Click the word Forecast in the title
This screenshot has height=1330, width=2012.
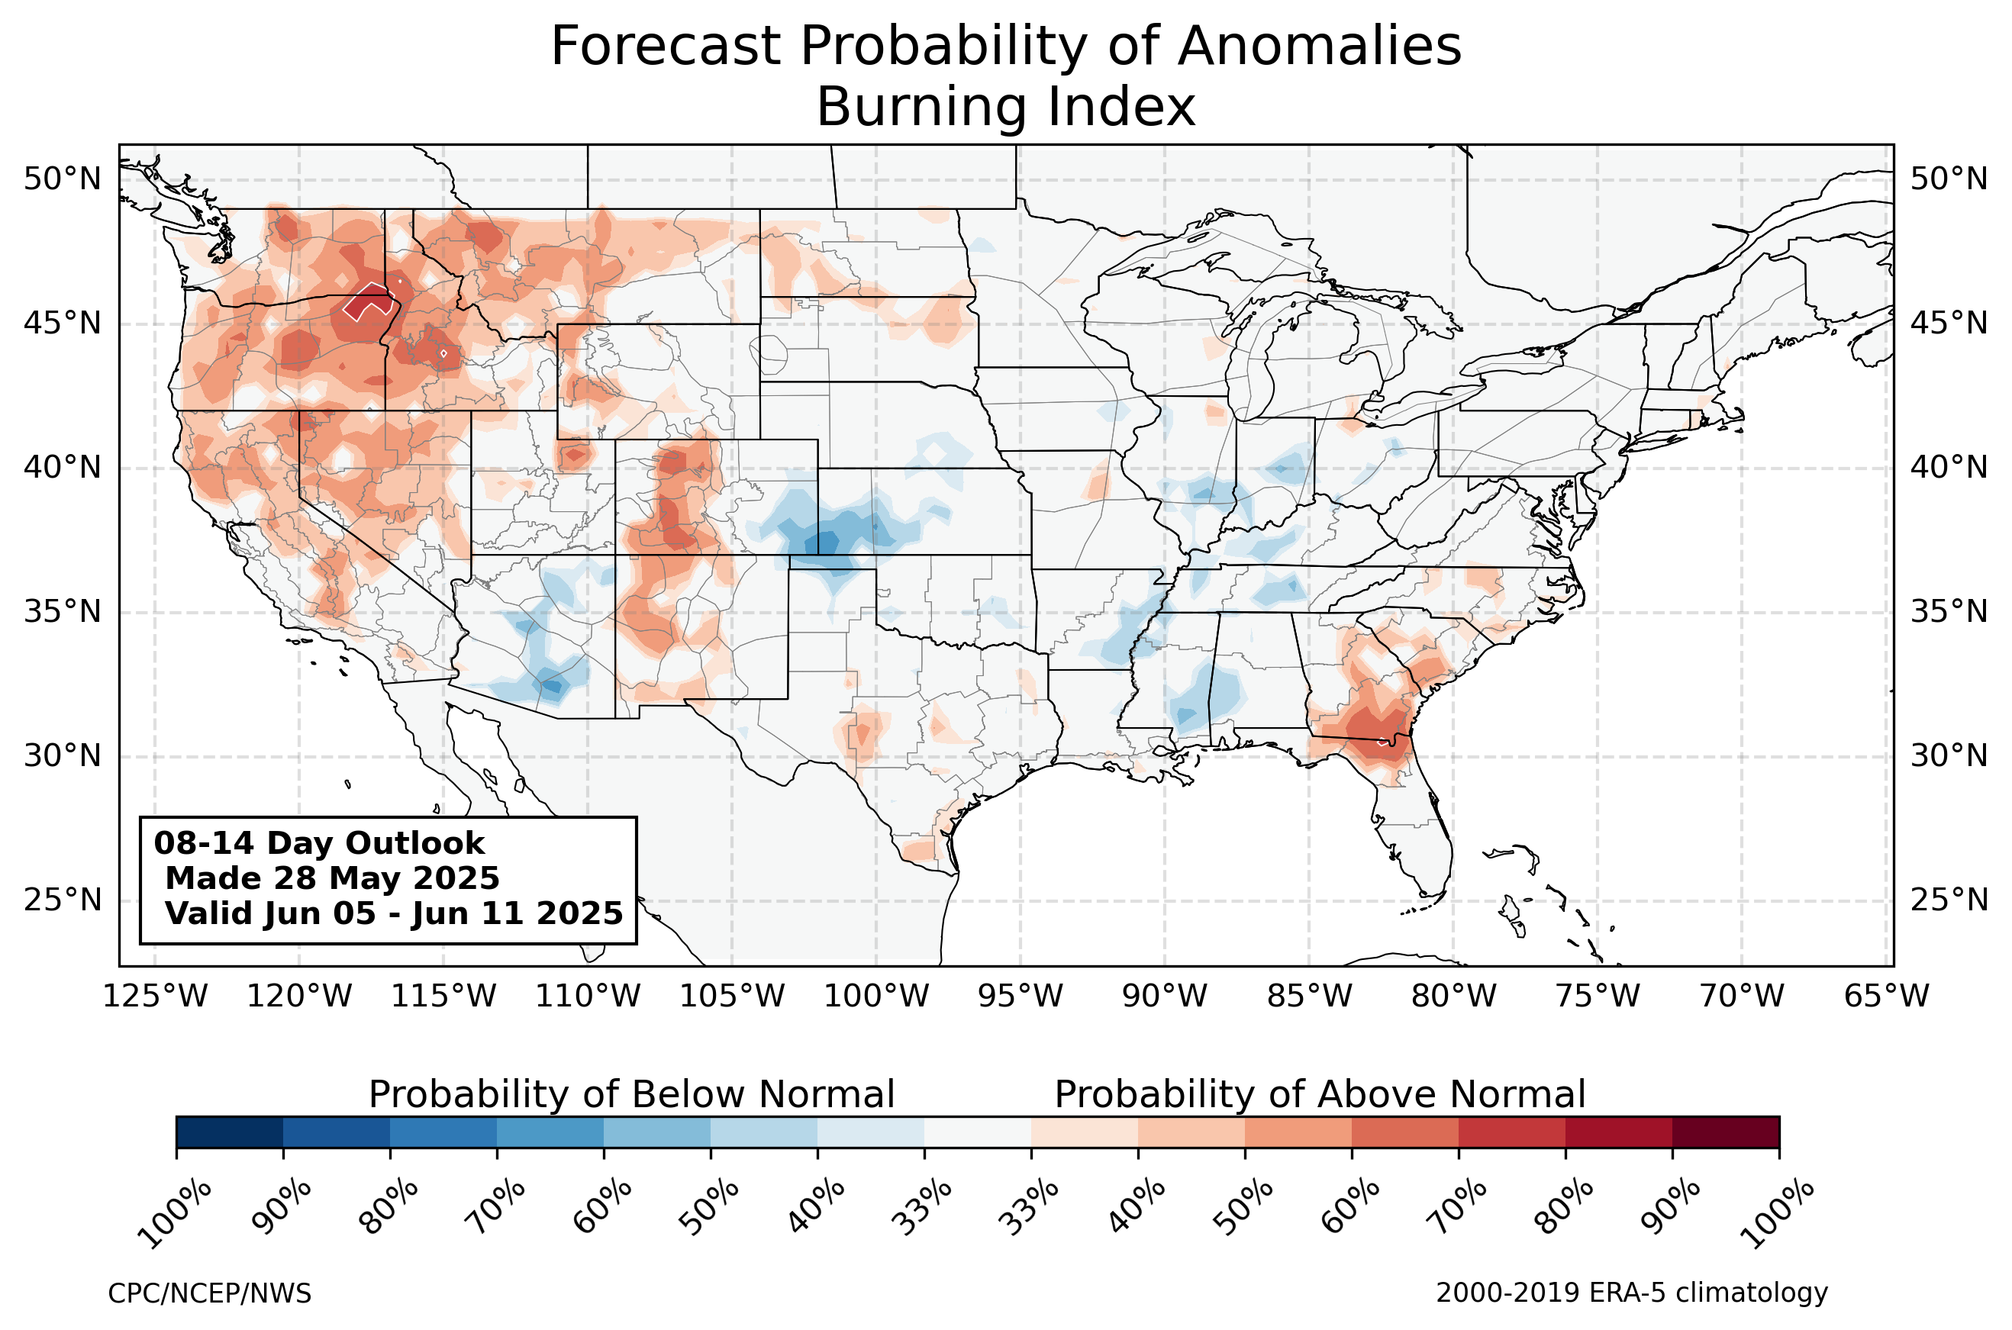click(665, 46)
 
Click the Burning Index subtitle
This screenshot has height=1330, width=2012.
click(1006, 108)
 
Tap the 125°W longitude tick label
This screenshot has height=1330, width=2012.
click(155, 997)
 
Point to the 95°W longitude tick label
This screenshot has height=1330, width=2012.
click(1021, 997)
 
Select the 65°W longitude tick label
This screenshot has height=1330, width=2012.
click(1888, 997)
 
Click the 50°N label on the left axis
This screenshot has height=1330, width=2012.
click(62, 180)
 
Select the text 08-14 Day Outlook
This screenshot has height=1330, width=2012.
click(319, 844)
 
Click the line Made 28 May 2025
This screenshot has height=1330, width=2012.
click(333, 879)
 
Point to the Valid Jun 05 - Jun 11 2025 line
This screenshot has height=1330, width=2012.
click(394, 913)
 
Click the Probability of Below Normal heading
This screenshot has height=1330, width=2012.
click(632, 1095)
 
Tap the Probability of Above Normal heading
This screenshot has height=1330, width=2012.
click(1320, 1095)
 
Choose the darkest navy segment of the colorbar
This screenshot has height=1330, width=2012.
click(230, 1132)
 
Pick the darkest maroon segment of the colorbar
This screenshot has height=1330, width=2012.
click(1726, 1132)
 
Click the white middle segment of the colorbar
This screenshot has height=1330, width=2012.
click(978, 1132)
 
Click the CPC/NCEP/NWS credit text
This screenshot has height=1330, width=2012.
click(209, 1293)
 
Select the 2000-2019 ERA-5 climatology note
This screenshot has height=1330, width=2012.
click(1632, 1293)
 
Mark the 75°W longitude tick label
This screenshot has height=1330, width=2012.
click(1598, 997)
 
